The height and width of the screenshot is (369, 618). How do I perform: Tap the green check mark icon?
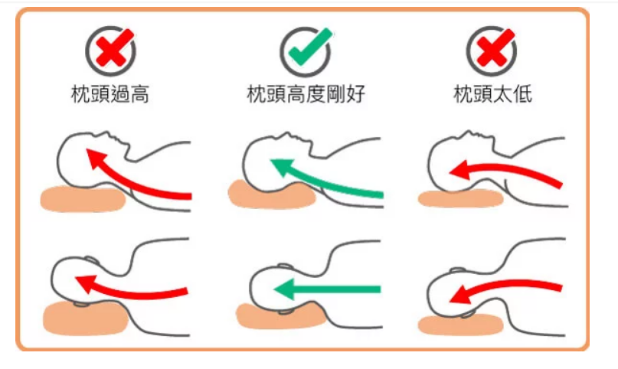[310, 47]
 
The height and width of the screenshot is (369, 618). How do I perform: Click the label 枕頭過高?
[110, 94]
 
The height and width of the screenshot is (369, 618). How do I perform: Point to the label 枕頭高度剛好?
[306, 93]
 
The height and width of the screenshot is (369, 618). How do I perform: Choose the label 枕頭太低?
[492, 93]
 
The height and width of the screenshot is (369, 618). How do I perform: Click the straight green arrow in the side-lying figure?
[327, 289]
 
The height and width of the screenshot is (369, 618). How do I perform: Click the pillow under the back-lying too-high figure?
[83, 199]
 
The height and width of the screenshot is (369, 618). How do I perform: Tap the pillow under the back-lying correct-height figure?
[272, 194]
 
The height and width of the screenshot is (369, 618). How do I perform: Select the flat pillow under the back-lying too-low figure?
[460, 198]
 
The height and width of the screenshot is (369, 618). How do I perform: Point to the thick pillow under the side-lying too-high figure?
[85, 318]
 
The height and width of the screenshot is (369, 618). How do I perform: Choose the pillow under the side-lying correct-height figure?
[280, 316]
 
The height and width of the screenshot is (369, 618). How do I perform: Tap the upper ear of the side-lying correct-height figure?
[286, 266]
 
